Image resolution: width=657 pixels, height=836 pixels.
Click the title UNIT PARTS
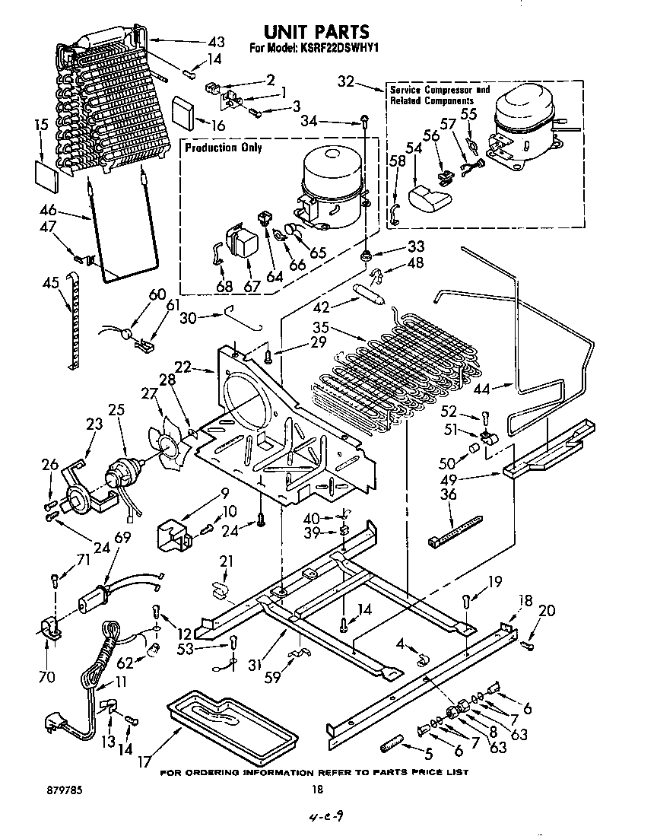click(316, 31)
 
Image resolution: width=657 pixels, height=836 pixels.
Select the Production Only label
click(223, 148)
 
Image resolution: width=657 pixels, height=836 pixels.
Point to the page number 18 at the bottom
click(318, 790)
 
